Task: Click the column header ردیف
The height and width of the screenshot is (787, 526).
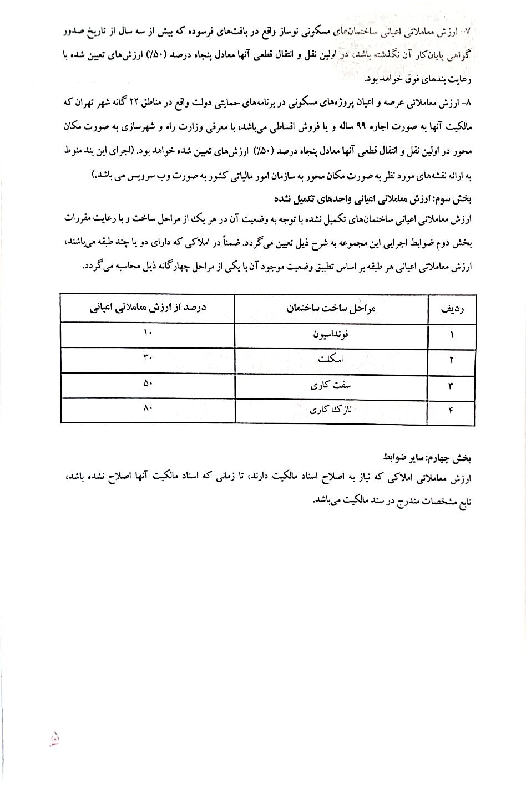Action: tap(451, 309)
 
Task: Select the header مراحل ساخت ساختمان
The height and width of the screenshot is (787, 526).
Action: tap(331, 308)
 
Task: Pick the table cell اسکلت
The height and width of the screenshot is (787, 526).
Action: tap(331, 359)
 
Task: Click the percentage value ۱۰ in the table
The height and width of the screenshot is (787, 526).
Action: tap(148, 333)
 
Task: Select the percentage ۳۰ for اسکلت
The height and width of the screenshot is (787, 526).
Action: tap(148, 358)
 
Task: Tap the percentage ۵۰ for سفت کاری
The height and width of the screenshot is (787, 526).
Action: tap(148, 384)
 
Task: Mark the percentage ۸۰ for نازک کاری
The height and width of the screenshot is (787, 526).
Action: tap(148, 409)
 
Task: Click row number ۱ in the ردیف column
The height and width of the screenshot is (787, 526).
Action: tap(452, 334)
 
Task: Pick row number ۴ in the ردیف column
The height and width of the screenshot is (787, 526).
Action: tap(451, 411)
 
